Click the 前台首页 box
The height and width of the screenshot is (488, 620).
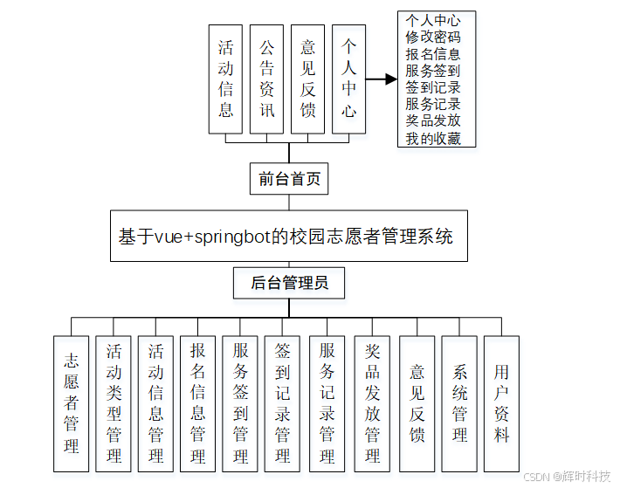[289, 179]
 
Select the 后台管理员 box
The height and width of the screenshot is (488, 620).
[289, 282]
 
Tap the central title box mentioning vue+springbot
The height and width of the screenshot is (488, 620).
[289, 236]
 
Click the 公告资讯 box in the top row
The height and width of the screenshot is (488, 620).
[267, 79]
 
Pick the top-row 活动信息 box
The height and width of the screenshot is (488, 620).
[225, 79]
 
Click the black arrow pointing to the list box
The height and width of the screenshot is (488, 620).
[381, 79]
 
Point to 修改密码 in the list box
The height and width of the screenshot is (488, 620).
[433, 38]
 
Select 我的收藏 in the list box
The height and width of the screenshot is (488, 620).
[433, 139]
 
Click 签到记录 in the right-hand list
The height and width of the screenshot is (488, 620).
[433, 88]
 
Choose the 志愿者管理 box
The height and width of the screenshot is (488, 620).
[72, 403]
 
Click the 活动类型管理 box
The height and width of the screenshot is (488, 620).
[114, 403]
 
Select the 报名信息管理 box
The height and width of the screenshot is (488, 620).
[198, 403]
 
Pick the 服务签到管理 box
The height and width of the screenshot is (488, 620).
[241, 403]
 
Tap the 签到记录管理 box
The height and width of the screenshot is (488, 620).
[283, 403]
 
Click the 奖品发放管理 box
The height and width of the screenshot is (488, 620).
[373, 403]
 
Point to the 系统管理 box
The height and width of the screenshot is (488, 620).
[459, 403]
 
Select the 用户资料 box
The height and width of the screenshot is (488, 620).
[502, 403]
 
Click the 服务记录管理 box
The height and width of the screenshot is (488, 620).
[327, 403]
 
